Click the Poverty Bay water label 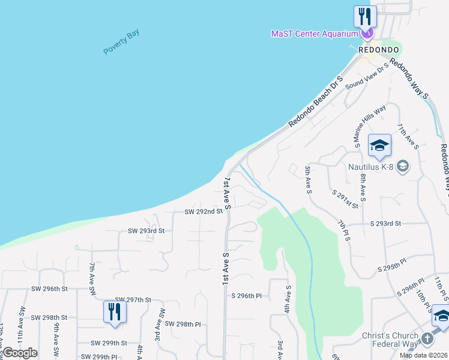[121, 42]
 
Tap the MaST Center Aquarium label [314, 34]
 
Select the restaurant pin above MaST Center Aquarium [364, 16]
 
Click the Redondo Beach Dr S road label [315, 101]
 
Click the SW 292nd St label [203, 211]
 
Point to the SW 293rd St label [146, 230]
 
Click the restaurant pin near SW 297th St [114, 311]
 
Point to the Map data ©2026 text [424, 355]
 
